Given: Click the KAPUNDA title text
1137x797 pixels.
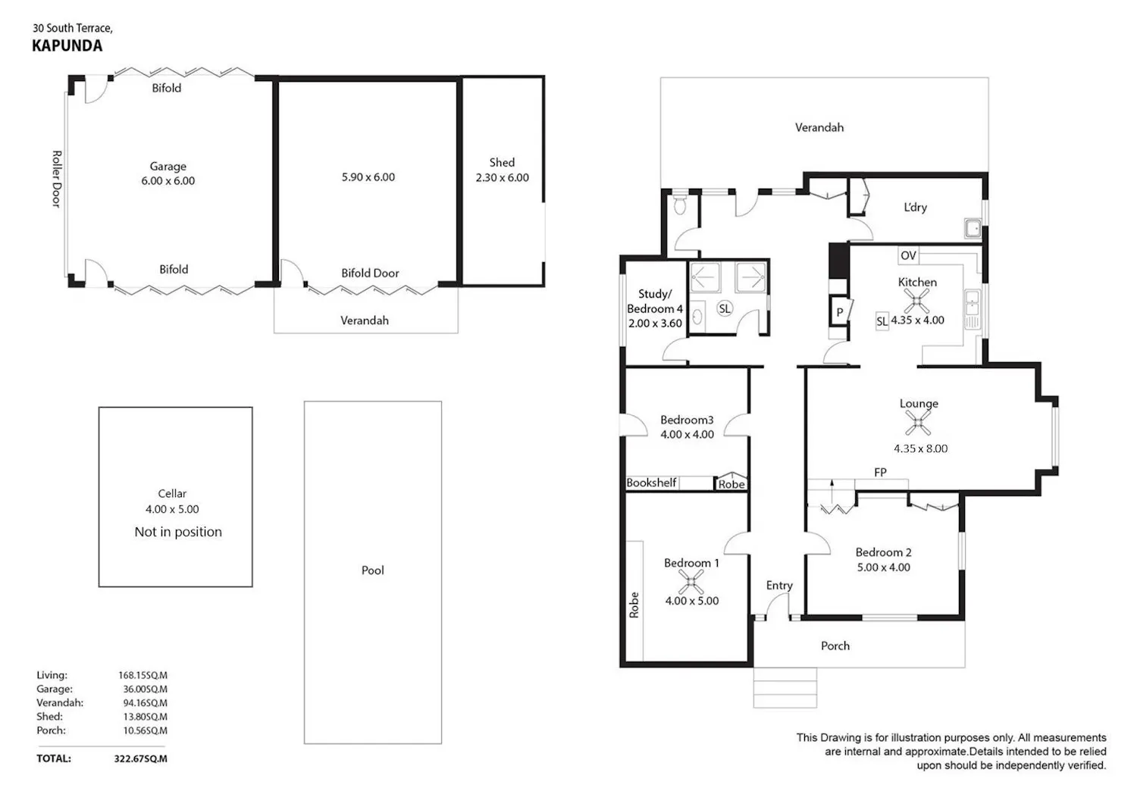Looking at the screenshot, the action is pos(67,45).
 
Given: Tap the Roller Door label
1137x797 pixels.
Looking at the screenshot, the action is pos(57,179).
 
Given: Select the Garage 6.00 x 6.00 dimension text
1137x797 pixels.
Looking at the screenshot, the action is pos(168,180).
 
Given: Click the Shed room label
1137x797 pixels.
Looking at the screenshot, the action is pos(502,162).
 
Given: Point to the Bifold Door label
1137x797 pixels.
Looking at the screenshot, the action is pos(370,273).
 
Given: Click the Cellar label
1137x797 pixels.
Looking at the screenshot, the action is pos(172,493).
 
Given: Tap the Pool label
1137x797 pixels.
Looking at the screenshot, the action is pos(373,570).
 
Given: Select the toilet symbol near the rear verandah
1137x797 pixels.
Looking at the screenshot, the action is pos(680,205).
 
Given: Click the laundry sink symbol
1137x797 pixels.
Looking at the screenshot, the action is pos(973,228).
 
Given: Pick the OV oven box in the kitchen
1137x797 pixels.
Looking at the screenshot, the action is pos(908,255).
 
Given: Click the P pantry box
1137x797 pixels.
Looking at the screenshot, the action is pos(840,312).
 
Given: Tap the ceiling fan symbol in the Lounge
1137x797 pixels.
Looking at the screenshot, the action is pos(918,423).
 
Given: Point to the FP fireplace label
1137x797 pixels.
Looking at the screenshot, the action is pos(880,472).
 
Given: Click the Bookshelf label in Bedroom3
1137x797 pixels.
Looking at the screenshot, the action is pos(650,483).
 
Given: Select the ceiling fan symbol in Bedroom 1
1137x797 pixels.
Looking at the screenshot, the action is pos(691,582).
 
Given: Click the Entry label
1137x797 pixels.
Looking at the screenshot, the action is pos(779,586).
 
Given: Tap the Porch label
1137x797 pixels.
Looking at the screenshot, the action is pos(835,645).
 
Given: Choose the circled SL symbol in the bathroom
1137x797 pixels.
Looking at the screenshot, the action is pos(725,308).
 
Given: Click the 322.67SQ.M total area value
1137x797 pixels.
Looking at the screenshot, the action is pos(140,759).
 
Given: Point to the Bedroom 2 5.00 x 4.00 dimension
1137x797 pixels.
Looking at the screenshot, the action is pos(884,567).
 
